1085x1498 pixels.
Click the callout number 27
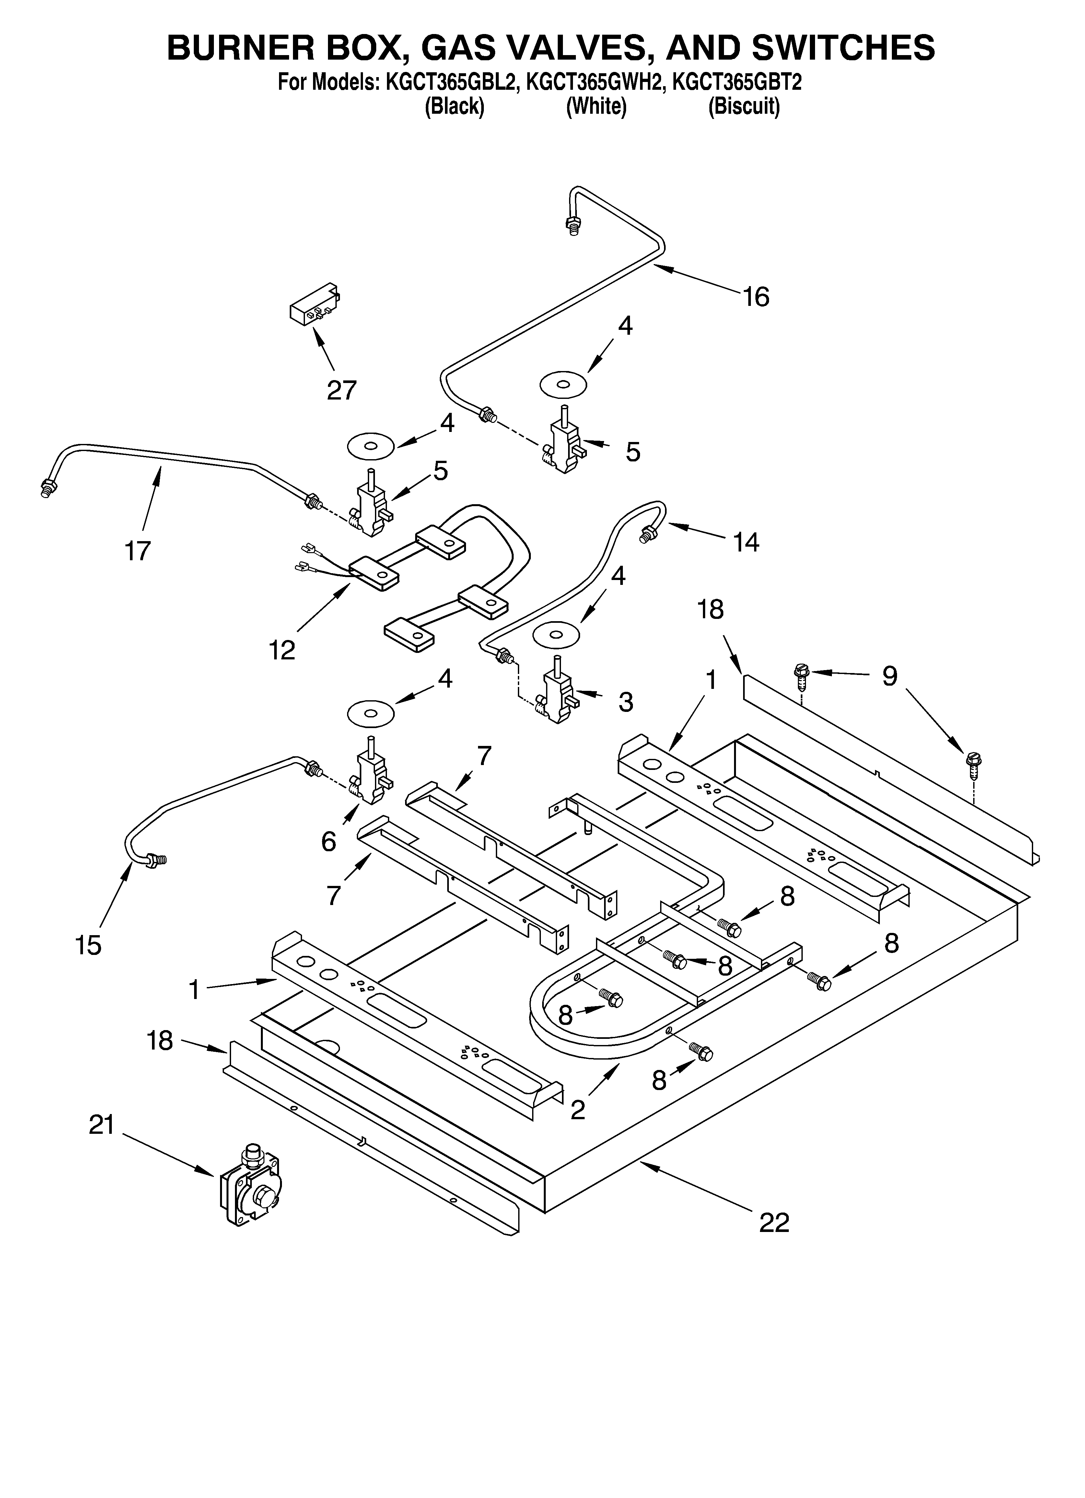pos(342,390)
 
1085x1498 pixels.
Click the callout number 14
pos(746,542)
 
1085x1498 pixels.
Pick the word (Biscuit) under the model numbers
pos(744,106)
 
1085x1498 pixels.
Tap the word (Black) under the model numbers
pos(454,106)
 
